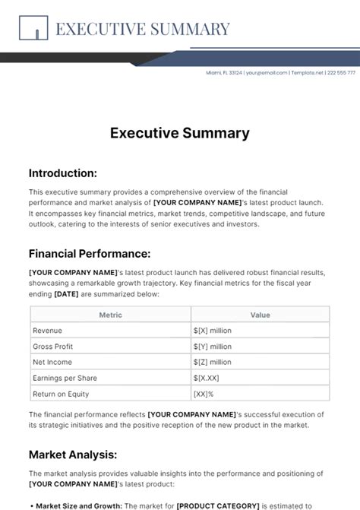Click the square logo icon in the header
[x=33, y=29]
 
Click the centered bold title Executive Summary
[x=179, y=133]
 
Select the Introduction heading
[x=62, y=173]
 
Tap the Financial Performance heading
[x=90, y=253]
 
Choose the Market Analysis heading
[x=73, y=455]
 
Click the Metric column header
[x=110, y=314]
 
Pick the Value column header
[x=260, y=314]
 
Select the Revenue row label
[x=47, y=331]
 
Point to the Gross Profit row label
[x=52, y=347]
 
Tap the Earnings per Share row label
[x=65, y=378]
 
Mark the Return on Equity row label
[x=61, y=394]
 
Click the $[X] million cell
[x=213, y=331]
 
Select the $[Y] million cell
[x=213, y=347]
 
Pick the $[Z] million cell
[x=213, y=363]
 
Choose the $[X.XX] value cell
[x=207, y=378]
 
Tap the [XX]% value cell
[x=204, y=394]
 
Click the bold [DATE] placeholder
[x=67, y=294]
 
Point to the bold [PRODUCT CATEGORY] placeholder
[x=218, y=505]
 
